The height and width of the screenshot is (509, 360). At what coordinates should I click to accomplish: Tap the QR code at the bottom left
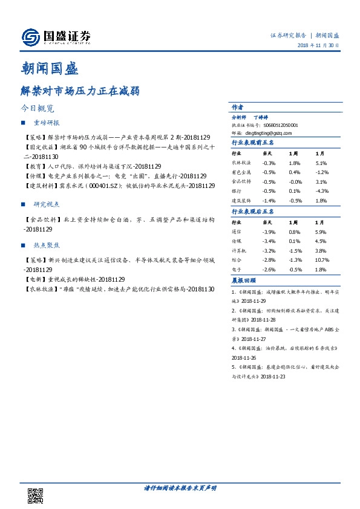pos(36,494)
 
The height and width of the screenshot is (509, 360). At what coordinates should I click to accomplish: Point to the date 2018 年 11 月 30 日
pos(318,46)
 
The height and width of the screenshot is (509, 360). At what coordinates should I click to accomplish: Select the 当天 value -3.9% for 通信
pos(269,232)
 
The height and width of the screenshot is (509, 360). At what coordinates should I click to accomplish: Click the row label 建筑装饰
pos(241,200)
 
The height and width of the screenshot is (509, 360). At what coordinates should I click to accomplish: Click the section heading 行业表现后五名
pos(253,212)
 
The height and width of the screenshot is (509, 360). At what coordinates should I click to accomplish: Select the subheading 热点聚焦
pos(47,246)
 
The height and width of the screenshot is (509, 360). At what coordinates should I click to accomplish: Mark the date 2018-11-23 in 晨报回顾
pos(274,376)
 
